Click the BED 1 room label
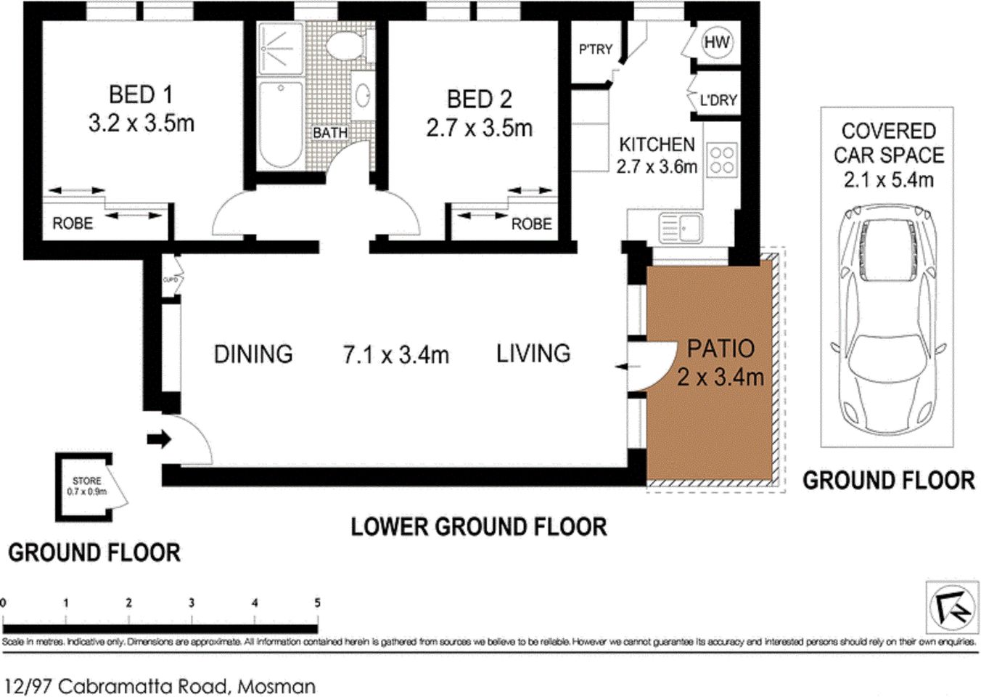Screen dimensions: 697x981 pos(141,95)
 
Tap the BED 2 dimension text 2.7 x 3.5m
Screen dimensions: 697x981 pos(479,129)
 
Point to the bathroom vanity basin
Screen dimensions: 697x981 pos(362,95)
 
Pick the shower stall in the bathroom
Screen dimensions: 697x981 pos(280,48)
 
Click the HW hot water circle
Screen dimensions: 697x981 pos(716,42)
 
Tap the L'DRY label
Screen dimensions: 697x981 pos(718,100)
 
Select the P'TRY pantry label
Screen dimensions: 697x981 pos(595,49)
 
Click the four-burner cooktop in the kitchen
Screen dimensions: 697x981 pos(721,160)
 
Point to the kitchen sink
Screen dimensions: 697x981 pos(680,227)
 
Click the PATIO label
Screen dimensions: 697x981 pos(721,348)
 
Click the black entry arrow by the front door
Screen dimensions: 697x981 pos(159,439)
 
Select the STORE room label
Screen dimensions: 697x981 pos(86,481)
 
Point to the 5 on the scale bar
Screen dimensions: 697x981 pos(317,603)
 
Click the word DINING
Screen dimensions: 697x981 pos(253,354)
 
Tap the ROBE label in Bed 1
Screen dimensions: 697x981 pos(73,224)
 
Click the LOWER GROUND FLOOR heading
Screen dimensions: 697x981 pos(478,527)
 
